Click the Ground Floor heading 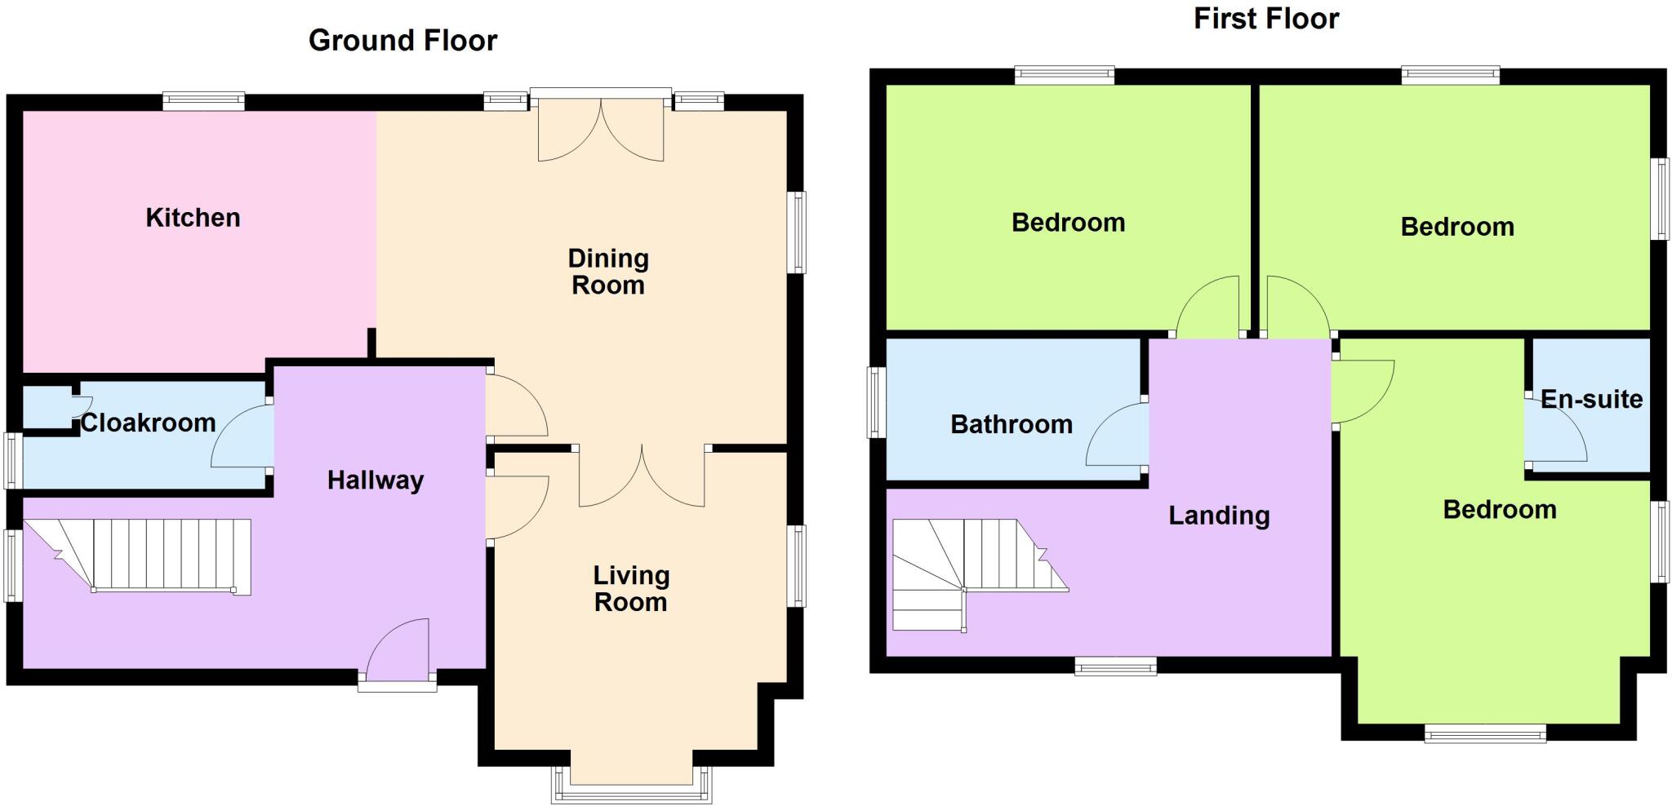402,41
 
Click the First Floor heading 1265,19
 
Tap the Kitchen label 193,218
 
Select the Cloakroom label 148,423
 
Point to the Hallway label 376,480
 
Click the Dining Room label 608,272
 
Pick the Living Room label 631,588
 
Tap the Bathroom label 1012,424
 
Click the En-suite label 1591,399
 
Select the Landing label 1219,516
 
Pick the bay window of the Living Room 631,787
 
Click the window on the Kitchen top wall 203,102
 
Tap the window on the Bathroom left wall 876,402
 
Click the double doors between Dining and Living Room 642,477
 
